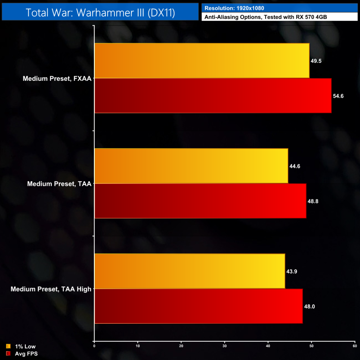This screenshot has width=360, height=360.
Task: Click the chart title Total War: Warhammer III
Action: coord(100,12)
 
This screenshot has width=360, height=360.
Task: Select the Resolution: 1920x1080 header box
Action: coord(277,7)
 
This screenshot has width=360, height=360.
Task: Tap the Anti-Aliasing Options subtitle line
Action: coord(277,16)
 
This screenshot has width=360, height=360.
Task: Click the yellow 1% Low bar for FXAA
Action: coord(202,60)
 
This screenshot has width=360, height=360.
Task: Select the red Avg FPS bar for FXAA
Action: coord(213,96)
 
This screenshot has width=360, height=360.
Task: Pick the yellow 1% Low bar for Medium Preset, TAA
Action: coord(191,166)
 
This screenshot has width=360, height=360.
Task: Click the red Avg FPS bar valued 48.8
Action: coord(200,201)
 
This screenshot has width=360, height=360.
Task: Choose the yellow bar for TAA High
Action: coord(190,271)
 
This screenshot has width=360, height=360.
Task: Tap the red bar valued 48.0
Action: coord(199,306)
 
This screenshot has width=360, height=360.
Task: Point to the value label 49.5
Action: coord(316,61)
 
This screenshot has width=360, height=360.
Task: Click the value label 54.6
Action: coord(338,96)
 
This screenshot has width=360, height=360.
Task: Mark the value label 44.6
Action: coord(295,166)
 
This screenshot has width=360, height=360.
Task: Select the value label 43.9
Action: coord(291,271)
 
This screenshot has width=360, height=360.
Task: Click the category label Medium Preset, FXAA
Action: coord(57,78)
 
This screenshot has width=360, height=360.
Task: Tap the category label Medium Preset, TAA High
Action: coord(51,289)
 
